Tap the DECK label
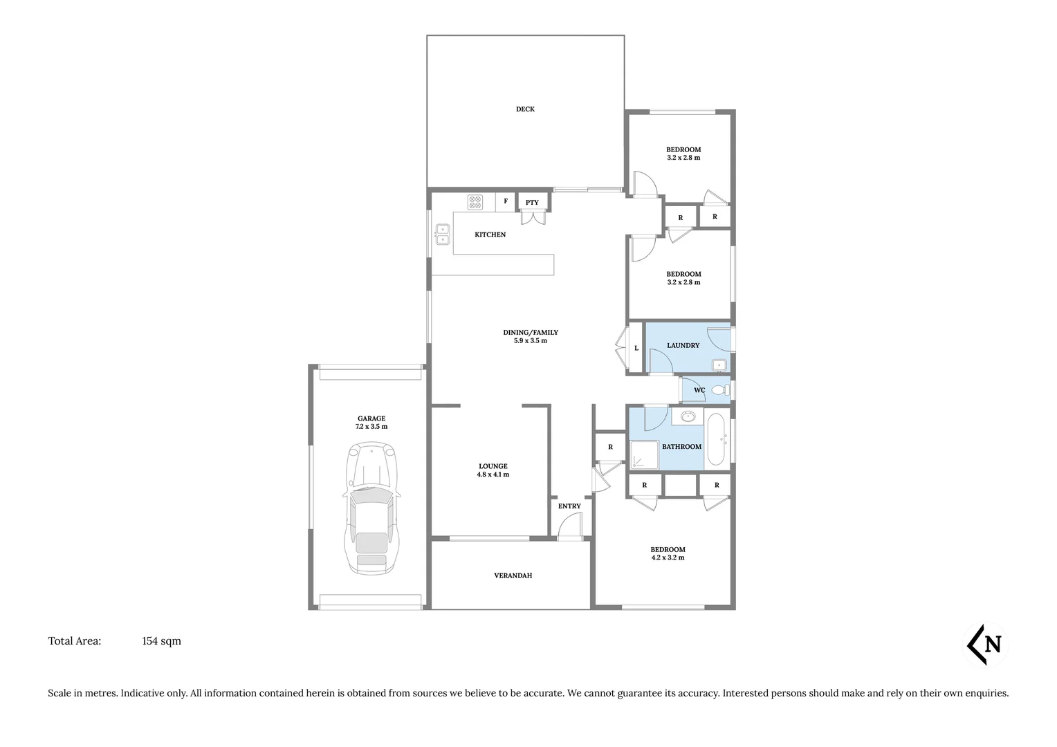click(x=525, y=109)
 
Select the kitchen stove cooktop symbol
click(x=475, y=202)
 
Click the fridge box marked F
click(x=506, y=201)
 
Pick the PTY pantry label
click(x=532, y=203)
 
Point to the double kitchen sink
click(x=442, y=234)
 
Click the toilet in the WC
click(x=719, y=390)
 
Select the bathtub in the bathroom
click(x=715, y=439)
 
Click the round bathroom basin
click(x=688, y=416)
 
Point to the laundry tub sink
click(x=719, y=365)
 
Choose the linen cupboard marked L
click(x=636, y=348)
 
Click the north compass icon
click(x=986, y=645)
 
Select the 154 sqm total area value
click(x=161, y=641)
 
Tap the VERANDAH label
click(x=513, y=575)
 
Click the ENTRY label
click(x=569, y=506)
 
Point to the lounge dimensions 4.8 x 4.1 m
click(x=493, y=475)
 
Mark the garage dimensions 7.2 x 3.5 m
click(x=371, y=427)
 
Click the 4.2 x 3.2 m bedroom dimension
click(x=668, y=557)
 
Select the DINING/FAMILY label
click(x=530, y=333)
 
